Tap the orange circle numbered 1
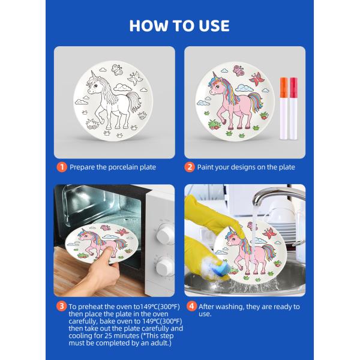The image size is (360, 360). pos(61,167)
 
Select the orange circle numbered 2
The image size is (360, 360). pos(190,167)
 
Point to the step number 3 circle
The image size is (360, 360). pos(61,307)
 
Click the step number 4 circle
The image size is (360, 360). pos(190,307)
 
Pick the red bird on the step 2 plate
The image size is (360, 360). pos(257,79)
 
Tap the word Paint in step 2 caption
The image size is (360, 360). pos(208,167)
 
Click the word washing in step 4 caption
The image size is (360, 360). pos(221,307)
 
